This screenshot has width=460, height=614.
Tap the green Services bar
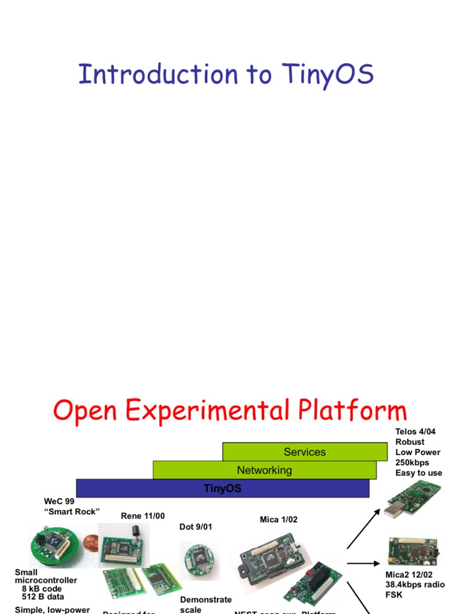tap(305, 452)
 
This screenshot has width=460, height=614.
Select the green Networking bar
tap(264, 470)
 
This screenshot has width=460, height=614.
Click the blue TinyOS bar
tap(222, 489)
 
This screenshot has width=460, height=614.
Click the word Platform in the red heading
tap(349, 411)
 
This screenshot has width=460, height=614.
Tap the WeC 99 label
tap(59, 501)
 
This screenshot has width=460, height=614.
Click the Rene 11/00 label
tap(143, 516)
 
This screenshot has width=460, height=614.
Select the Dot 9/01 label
tap(196, 527)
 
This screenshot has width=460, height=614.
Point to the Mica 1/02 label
tap(279, 519)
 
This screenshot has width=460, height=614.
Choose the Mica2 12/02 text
tap(408, 574)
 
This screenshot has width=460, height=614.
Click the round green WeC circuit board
tap(55, 545)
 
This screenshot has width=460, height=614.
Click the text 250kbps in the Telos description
tap(412, 462)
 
